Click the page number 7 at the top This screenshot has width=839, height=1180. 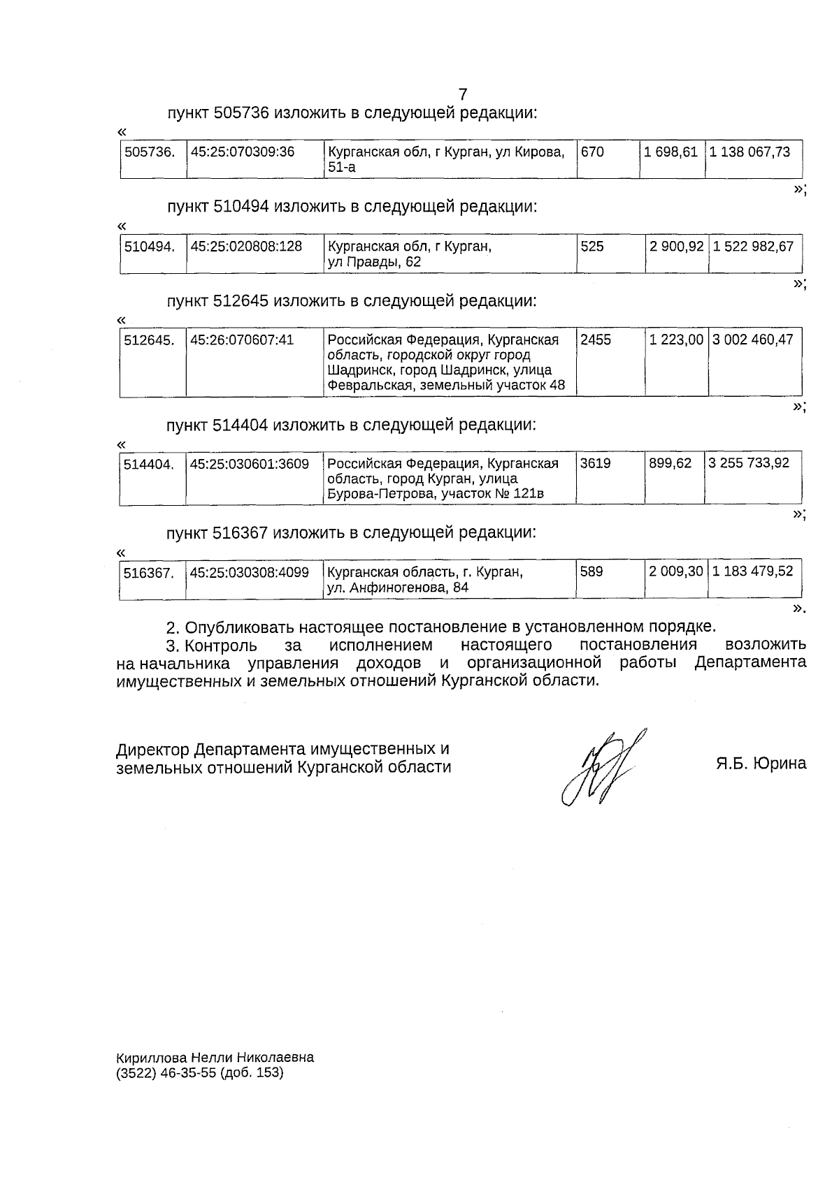click(462, 94)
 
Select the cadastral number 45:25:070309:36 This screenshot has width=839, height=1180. click(242, 152)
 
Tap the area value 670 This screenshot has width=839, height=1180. click(592, 152)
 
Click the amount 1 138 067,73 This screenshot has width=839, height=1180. click(750, 152)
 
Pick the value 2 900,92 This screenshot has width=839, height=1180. click(675, 247)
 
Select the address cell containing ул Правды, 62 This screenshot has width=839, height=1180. click(410, 254)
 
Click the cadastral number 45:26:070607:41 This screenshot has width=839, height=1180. click(242, 340)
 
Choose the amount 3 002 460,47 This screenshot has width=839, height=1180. click(753, 340)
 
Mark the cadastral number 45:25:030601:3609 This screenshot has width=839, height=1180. click(250, 463)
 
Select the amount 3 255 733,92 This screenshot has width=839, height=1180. click(749, 463)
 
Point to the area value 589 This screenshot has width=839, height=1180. click(591, 571)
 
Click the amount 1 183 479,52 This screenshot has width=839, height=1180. click(753, 571)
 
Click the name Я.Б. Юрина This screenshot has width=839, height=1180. click(761, 763)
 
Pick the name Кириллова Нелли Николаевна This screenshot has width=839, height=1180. click(215, 1057)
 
